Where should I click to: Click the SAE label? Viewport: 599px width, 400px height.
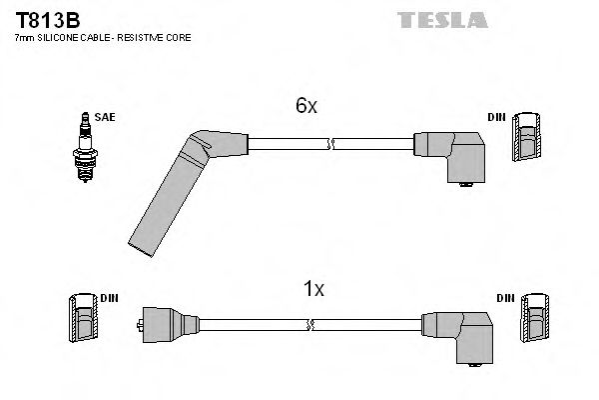point(107,117)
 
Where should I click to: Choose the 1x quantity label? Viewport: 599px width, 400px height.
point(313,289)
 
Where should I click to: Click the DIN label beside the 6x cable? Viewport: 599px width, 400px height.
point(496,117)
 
